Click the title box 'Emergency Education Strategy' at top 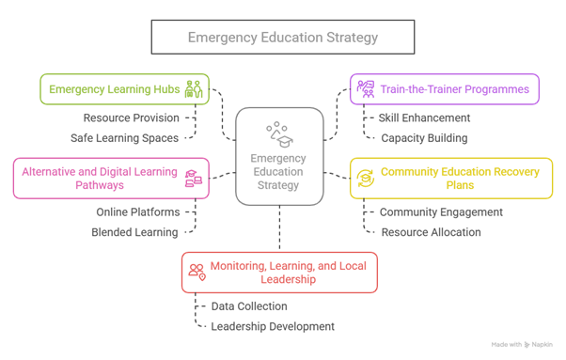[282, 38]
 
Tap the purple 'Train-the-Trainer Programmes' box [445, 89]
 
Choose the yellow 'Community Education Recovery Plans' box [445, 179]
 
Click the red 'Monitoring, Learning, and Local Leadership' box [280, 271]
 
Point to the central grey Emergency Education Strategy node [279, 155]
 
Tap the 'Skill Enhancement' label [424, 118]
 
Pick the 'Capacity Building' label [423, 137]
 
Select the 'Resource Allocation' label [431, 231]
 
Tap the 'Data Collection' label [250, 305]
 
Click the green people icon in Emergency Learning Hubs [194, 89]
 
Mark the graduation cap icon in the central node [279, 132]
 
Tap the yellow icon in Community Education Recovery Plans [365, 179]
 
